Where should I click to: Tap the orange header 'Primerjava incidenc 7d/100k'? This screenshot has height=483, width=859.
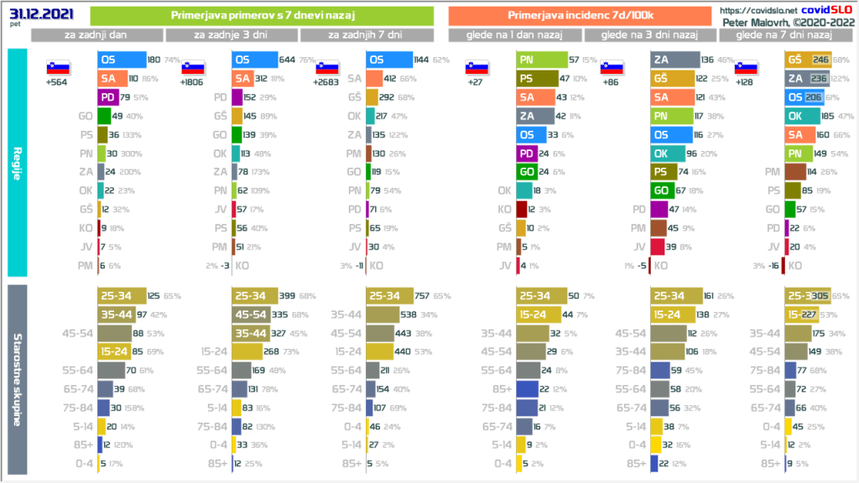tap(581, 15)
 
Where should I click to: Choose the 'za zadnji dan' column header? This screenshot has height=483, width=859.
tap(97, 35)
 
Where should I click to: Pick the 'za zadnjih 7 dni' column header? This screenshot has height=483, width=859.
tap(367, 35)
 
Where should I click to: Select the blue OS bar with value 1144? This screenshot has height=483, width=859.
tap(389, 60)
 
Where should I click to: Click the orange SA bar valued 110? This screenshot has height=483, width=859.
tap(115, 78)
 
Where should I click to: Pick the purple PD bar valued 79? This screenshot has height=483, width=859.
tap(107, 96)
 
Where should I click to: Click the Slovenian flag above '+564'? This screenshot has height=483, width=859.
tap(57, 67)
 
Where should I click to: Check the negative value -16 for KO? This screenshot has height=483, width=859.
tap(771, 266)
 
